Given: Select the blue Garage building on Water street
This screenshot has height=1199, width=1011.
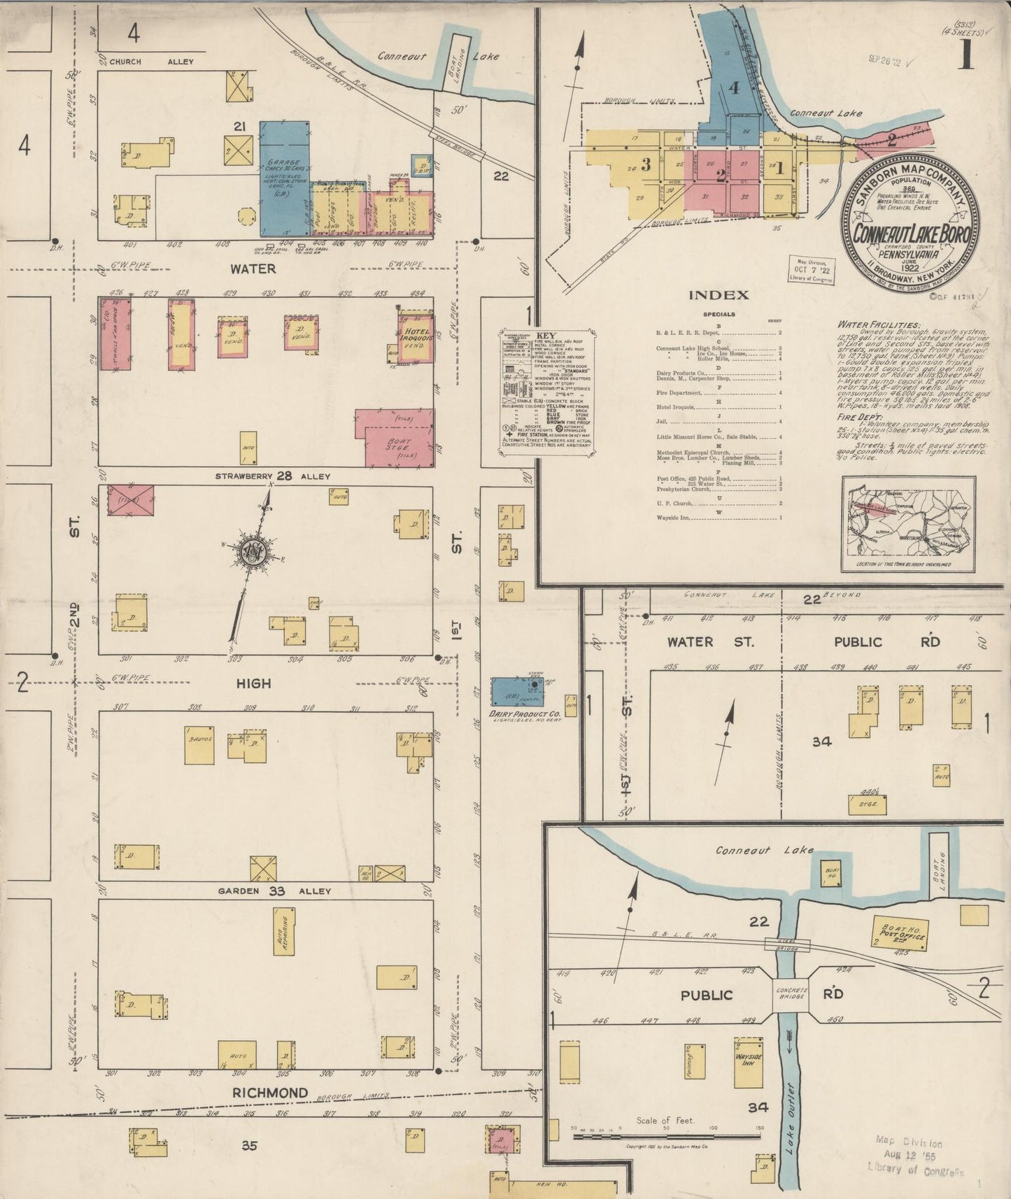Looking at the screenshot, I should point(285,177).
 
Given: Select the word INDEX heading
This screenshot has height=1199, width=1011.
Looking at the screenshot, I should point(719,295).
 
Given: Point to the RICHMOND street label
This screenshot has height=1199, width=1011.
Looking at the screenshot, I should point(270,1093).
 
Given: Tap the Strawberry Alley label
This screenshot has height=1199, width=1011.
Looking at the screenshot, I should point(273,476).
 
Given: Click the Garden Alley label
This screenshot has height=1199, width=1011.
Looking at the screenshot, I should point(274,891).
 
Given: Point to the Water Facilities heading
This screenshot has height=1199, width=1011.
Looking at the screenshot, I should point(877,325).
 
